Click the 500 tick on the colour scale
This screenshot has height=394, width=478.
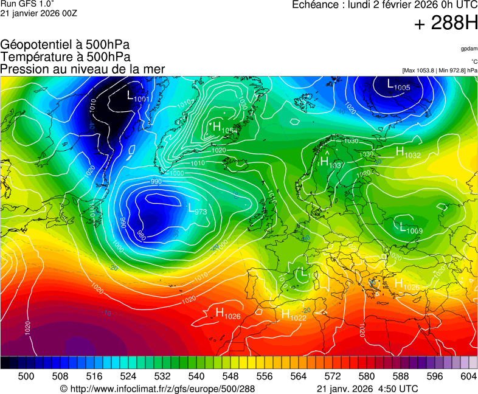[26, 376]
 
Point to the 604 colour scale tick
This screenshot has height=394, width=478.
[468, 376]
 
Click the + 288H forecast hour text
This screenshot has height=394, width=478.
[446, 24]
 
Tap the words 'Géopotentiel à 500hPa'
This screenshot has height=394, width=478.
[65, 45]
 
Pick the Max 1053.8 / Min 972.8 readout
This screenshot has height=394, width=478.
[440, 71]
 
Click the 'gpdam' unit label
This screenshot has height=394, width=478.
[468, 48]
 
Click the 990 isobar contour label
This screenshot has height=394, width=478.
[156, 182]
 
